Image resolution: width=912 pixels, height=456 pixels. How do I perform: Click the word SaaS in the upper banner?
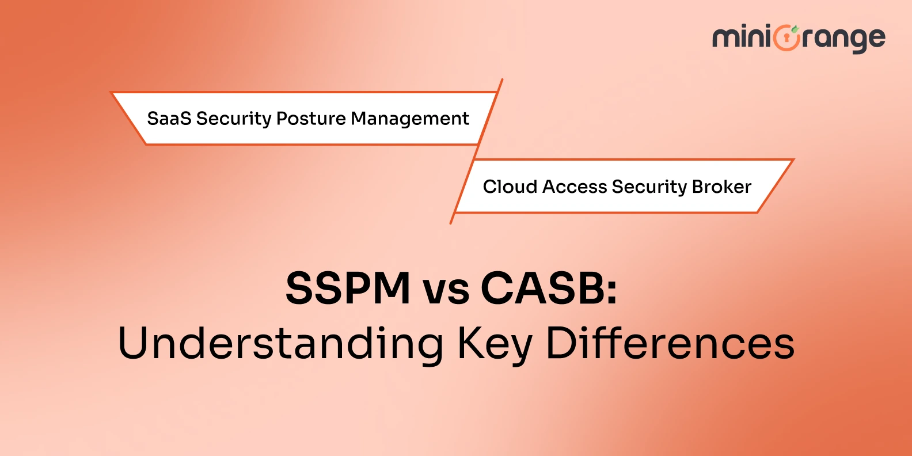pos(169,119)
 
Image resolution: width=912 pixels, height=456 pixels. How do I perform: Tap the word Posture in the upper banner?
pos(311,119)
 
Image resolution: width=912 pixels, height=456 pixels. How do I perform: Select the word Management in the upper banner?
pos(410,119)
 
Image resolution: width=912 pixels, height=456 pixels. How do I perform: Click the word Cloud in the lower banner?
pos(510,187)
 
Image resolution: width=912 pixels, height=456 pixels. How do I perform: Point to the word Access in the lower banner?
pos(574,187)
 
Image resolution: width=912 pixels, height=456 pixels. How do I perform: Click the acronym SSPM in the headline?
pos(348,288)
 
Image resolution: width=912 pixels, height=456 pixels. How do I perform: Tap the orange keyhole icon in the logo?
pos(786,39)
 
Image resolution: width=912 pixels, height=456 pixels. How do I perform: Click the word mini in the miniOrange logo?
pos(741,38)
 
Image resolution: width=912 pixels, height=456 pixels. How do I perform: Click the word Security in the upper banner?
pos(233,119)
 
